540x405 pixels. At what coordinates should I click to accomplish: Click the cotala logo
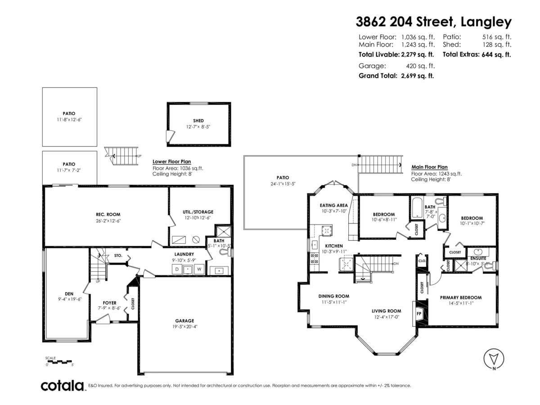click(63, 386)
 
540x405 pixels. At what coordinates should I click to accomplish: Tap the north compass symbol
click(494, 359)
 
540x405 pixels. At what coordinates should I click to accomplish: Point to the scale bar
click(59, 361)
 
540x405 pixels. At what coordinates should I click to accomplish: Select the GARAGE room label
click(184, 321)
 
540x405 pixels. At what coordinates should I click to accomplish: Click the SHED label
click(198, 121)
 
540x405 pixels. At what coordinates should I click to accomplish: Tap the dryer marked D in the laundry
click(177, 270)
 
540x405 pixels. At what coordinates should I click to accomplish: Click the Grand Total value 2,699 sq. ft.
click(417, 76)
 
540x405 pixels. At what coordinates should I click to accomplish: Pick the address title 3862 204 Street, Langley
click(434, 22)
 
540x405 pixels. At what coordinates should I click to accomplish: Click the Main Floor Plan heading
click(429, 166)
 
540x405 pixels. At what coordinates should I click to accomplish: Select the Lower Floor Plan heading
click(172, 161)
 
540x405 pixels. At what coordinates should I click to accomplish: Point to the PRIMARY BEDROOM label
click(461, 297)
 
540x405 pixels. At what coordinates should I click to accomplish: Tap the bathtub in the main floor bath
click(418, 207)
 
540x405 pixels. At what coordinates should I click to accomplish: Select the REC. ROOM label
click(108, 214)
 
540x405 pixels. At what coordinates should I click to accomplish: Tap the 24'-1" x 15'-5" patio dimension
click(283, 184)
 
